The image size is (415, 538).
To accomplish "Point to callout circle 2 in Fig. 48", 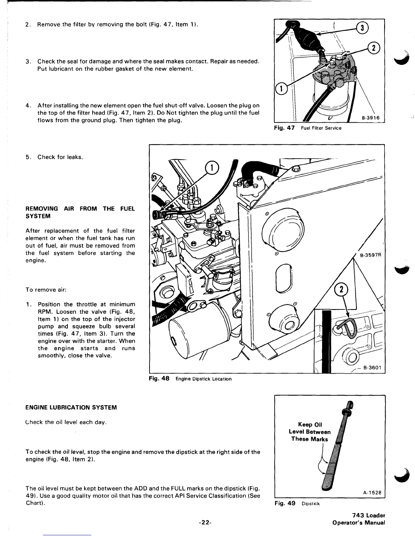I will pos(341,290).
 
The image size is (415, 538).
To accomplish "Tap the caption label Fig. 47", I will pos(285,128).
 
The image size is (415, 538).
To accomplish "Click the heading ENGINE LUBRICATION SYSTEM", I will pos(71,407).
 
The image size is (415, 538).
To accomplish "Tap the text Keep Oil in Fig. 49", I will pos(310,424).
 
